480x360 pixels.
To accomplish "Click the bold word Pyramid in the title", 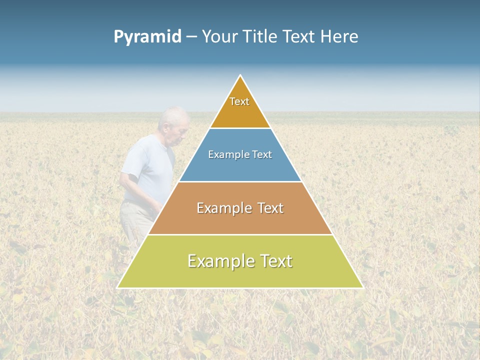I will click(147, 37).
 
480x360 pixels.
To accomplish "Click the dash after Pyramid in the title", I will click(191, 37).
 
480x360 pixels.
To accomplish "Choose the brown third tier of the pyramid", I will click(240, 220).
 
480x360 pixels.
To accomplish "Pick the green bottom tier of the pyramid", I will click(240, 275).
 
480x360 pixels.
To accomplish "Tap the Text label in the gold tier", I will click(239, 101).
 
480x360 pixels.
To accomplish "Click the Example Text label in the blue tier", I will click(240, 154).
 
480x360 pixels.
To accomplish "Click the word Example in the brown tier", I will click(218, 208).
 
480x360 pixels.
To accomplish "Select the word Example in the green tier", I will click(215, 261).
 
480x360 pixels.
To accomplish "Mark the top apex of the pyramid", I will click(240, 76).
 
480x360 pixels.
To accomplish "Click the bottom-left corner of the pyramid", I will click(118, 287).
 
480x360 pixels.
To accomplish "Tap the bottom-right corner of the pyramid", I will click(362, 287).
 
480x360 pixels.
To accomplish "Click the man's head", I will click(174, 123).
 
